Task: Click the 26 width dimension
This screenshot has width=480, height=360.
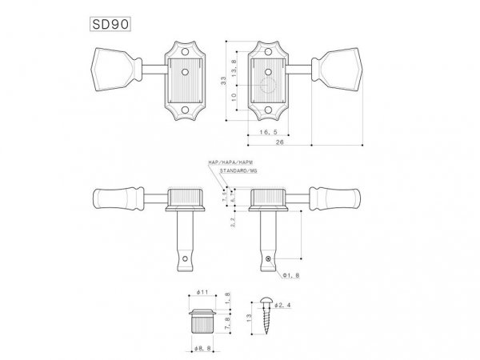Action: point(279,142)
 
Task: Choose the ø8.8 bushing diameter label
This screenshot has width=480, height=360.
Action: point(204,348)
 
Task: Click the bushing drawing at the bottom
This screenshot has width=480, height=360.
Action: point(204,320)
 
